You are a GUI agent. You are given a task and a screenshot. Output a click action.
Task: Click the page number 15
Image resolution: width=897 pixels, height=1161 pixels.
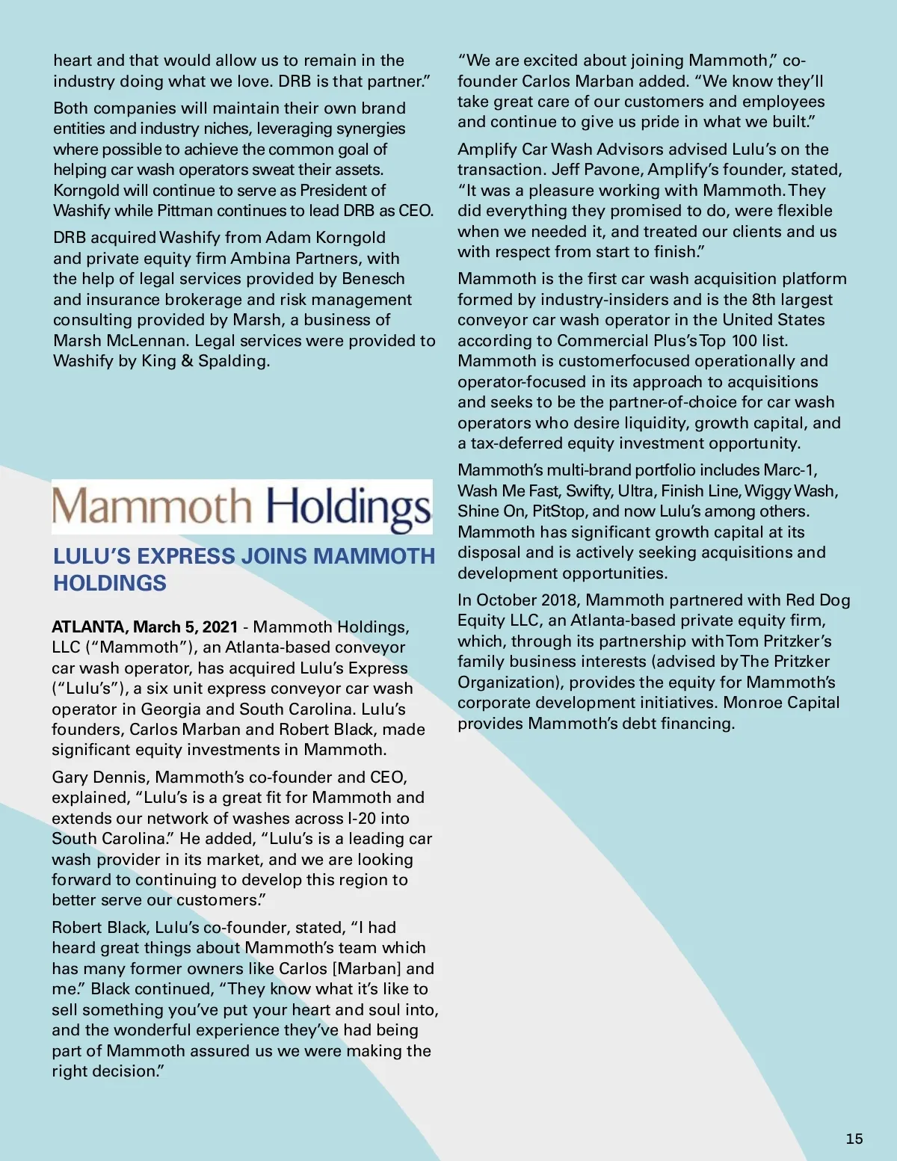854,1139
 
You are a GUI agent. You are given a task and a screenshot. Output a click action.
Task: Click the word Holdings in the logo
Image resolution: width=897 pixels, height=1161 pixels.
349,508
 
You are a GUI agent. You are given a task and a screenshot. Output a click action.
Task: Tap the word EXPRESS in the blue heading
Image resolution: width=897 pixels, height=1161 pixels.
186,556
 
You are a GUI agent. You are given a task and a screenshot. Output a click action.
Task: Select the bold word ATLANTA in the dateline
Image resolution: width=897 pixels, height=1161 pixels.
87,626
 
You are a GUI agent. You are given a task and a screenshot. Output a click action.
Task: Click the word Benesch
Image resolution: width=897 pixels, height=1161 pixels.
373,279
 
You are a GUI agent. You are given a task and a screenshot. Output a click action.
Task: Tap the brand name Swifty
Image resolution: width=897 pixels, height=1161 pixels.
589,491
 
